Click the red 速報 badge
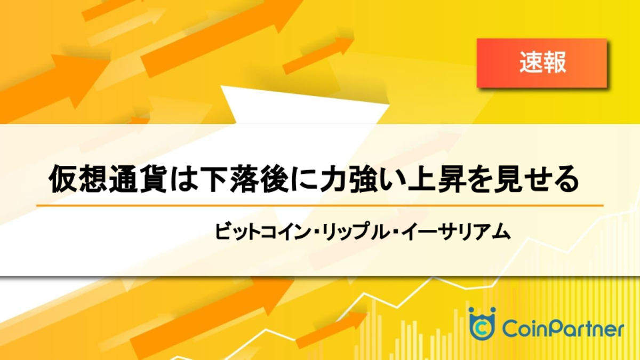[x=542, y=63]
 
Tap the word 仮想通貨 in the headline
[x=108, y=179]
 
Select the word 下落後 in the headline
[x=245, y=179]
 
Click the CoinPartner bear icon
[x=482, y=324]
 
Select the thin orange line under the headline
[x=319, y=205]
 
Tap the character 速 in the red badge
[x=531, y=62]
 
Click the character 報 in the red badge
[x=554, y=62]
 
